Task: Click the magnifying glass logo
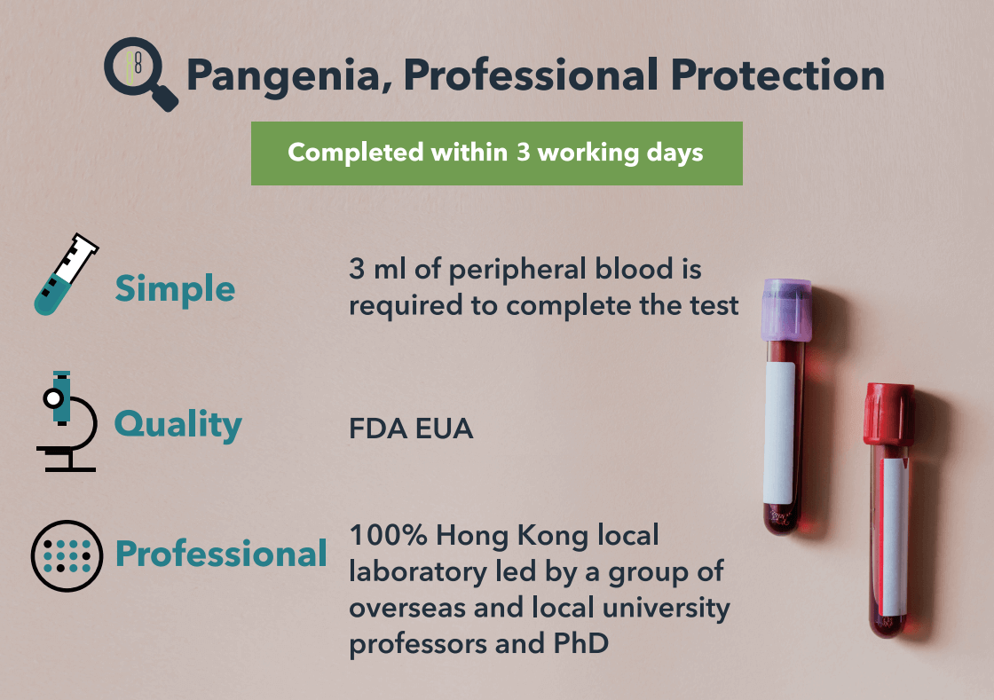(141, 74)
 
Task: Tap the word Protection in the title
(777, 75)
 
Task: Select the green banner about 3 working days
(496, 153)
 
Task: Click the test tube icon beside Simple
(66, 273)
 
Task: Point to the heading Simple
(175, 290)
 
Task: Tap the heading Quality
(178, 424)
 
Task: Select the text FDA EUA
(411, 429)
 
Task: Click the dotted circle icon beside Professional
(67, 556)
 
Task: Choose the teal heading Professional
(221, 554)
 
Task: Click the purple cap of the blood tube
(786, 310)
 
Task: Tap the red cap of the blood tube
(888, 414)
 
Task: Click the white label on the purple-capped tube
(779, 433)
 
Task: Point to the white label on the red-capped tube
(893, 536)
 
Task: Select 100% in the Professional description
(388, 535)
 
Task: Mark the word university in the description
(666, 608)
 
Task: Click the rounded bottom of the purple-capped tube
(781, 520)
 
